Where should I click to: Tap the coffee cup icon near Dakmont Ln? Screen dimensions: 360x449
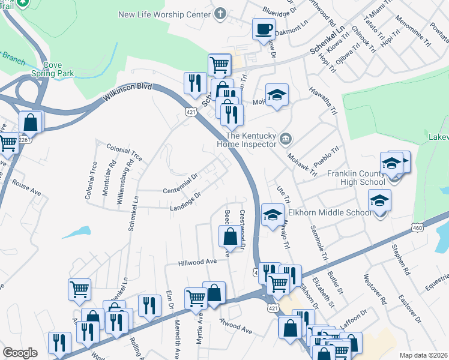(264, 29)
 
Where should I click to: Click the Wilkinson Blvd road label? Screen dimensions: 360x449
(128, 91)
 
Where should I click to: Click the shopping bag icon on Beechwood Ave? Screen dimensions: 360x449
(230, 236)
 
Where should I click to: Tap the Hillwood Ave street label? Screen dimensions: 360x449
(197, 262)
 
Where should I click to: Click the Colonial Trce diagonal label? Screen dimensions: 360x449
(124, 152)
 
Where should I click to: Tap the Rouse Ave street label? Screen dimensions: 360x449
(26, 188)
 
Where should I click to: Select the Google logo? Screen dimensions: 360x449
(20, 353)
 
